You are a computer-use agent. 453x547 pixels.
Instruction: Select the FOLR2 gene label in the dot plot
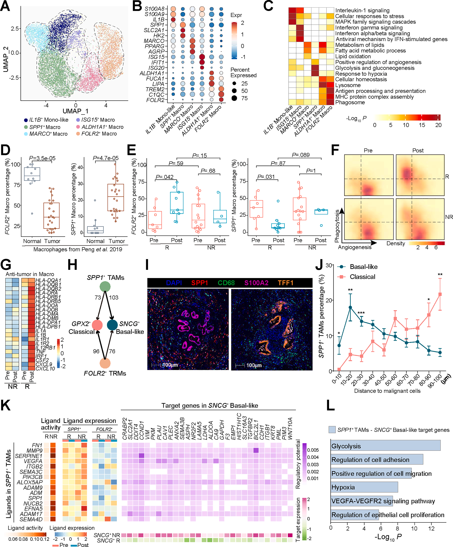coord(155,100)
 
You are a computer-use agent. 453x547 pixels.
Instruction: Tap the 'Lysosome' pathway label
coord(348,85)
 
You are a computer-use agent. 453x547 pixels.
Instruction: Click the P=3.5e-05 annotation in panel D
coord(42,158)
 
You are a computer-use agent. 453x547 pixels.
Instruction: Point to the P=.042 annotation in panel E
coord(164,177)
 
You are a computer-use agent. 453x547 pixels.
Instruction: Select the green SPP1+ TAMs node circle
coord(105,287)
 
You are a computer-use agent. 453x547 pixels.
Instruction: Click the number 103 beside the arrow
coord(114,297)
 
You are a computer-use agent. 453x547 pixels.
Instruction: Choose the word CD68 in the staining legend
coord(226,283)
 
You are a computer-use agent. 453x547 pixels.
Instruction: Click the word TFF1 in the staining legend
coord(286,283)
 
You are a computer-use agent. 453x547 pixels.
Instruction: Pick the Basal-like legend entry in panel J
coord(363,267)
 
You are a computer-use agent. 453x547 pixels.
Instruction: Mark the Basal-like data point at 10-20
coord(350,307)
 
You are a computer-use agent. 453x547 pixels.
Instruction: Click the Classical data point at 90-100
coord(440,294)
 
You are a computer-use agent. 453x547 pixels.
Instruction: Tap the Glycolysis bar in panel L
coord(385,446)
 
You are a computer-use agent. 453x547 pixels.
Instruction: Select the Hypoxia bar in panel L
coord(364,487)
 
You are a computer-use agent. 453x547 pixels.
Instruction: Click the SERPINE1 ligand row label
coord(28,456)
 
